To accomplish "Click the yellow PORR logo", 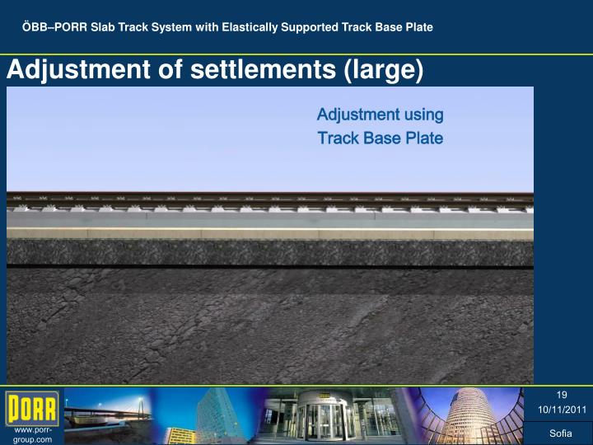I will pos(32,407).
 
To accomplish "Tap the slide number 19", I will pos(562,395).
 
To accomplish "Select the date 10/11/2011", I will pos(562,410).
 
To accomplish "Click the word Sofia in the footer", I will pos(561,433).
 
